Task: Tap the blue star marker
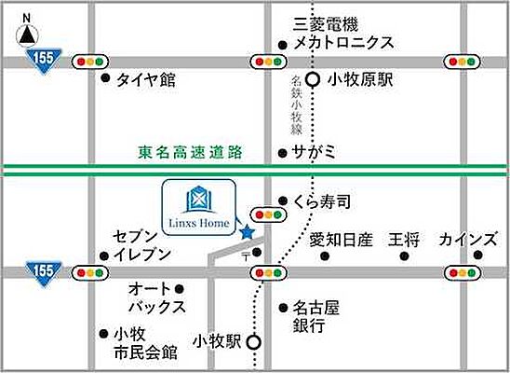click(x=247, y=231)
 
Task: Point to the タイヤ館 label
click(x=146, y=80)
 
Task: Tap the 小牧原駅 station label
click(x=360, y=80)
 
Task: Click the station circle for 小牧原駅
click(x=314, y=80)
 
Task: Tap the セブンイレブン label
click(x=141, y=245)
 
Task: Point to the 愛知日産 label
click(x=341, y=239)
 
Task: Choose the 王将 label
click(x=407, y=239)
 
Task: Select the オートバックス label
click(x=157, y=297)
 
